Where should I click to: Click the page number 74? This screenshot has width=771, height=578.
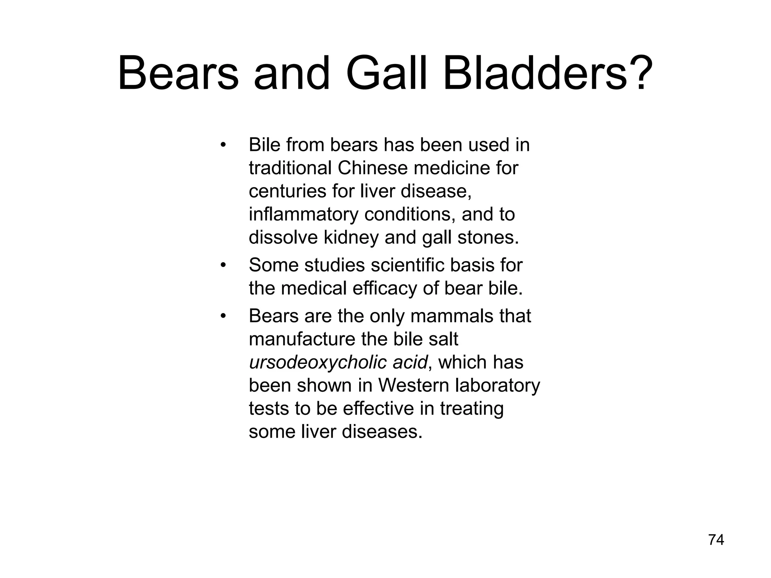pos(716,540)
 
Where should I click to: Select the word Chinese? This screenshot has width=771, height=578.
pos(372,168)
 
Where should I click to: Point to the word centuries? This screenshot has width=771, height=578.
pos(287,191)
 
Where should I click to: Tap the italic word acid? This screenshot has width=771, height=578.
pos(410,362)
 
